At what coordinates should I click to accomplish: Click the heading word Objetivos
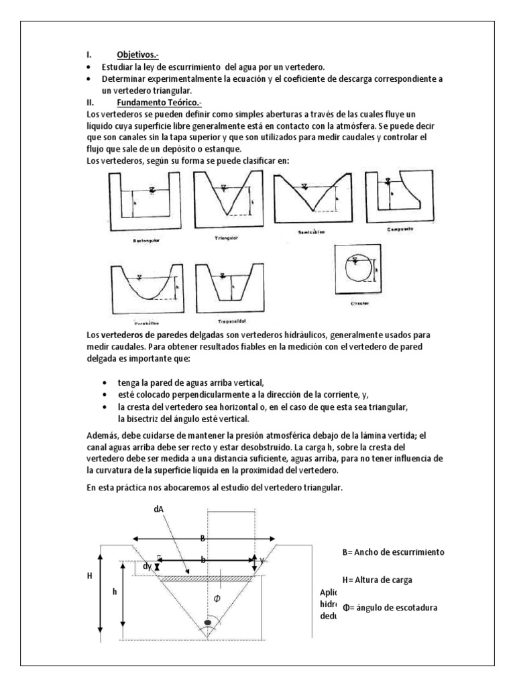[x=138, y=56]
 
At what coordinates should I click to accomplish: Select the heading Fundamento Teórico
[x=158, y=103]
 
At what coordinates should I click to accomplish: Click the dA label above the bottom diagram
[x=159, y=509]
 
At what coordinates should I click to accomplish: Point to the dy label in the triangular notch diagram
[x=147, y=567]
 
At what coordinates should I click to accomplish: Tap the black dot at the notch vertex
[x=207, y=623]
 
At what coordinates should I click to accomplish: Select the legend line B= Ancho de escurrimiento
[x=393, y=551]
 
